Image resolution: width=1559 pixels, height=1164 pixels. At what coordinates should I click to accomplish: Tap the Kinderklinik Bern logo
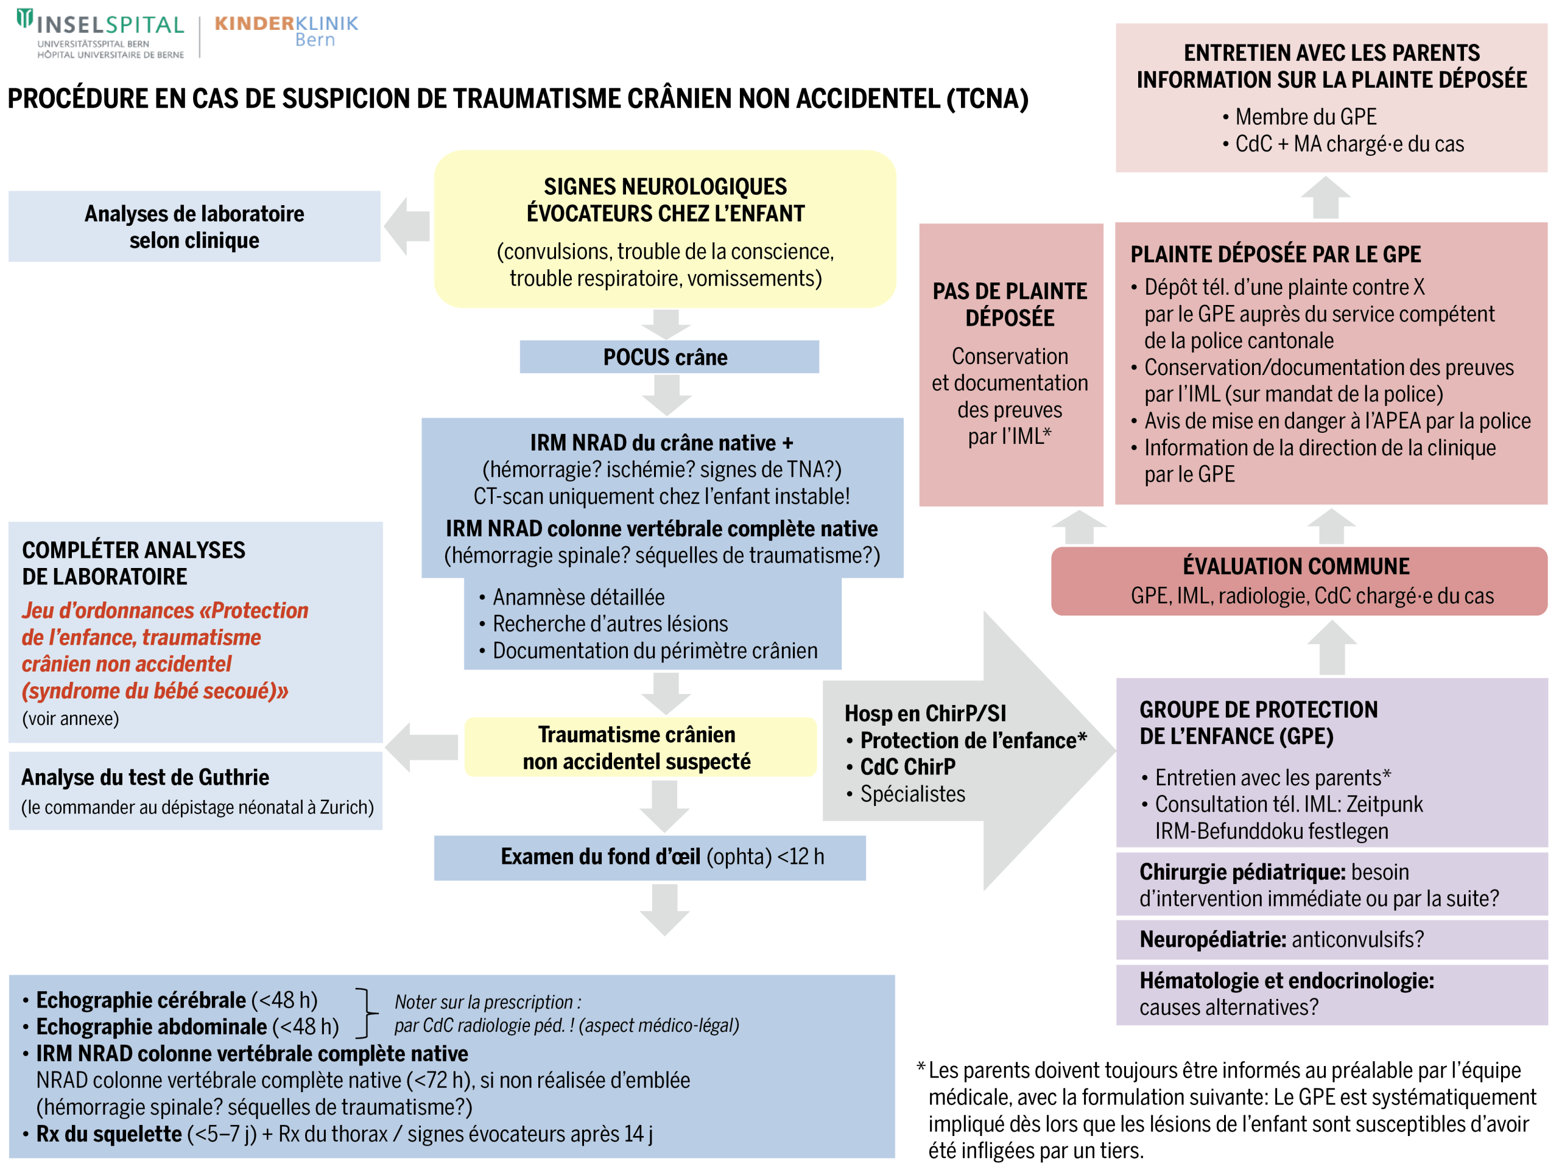point(286,31)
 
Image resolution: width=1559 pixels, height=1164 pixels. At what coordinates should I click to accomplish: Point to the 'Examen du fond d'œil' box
point(649,857)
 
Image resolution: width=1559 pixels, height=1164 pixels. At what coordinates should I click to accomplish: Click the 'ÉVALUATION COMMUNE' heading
point(1295,566)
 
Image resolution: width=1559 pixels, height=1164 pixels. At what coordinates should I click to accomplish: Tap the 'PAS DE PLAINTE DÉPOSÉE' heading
point(1009,304)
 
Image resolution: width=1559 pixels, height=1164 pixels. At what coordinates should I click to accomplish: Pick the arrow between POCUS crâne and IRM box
point(666,394)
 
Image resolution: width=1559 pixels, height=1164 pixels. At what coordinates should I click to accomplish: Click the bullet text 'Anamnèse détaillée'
point(578,597)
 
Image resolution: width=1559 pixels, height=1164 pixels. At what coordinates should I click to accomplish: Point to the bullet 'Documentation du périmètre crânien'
point(655,650)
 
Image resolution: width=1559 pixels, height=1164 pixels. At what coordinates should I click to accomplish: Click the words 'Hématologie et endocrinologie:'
point(1286,980)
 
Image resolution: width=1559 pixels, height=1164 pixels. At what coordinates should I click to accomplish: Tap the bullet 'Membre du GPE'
point(1305,116)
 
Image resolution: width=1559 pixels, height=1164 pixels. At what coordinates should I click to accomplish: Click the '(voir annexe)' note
point(71,718)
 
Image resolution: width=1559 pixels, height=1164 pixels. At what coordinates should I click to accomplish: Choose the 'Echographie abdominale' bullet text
point(152,1026)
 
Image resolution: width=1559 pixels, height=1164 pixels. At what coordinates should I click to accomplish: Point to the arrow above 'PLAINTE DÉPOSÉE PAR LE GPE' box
point(1325,197)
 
